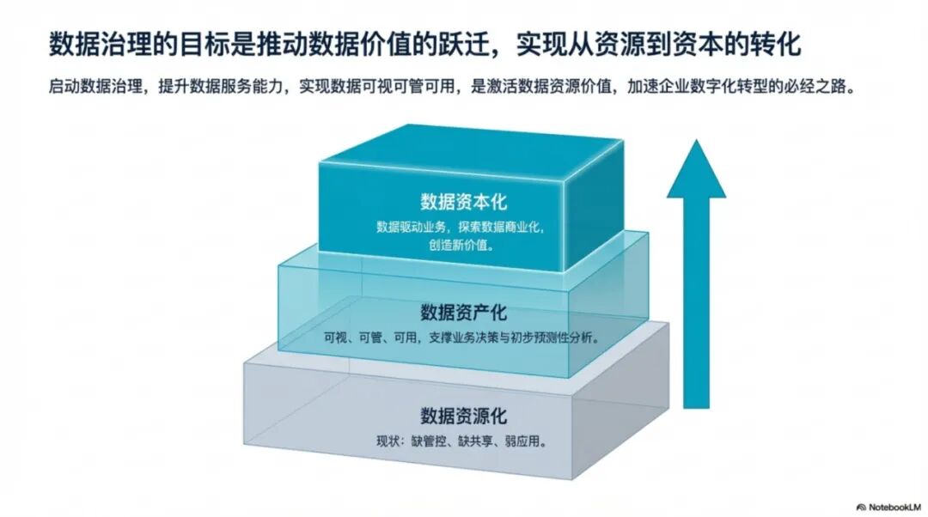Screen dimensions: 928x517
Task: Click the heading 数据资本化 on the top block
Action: (x=464, y=202)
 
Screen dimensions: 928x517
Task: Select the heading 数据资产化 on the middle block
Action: (x=464, y=310)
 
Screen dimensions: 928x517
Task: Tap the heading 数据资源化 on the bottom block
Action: (x=464, y=417)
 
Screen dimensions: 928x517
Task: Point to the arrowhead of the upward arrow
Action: (x=696, y=172)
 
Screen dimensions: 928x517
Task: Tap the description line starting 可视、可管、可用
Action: (x=461, y=338)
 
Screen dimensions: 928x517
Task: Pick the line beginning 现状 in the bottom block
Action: (x=461, y=443)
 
